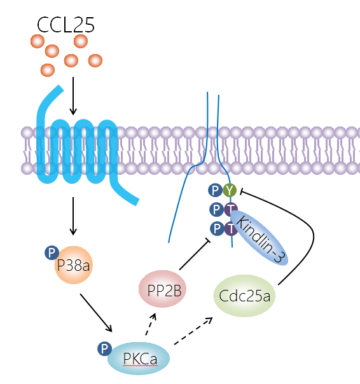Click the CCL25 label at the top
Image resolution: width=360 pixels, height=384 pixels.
click(66, 25)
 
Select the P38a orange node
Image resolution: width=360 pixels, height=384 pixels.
click(74, 265)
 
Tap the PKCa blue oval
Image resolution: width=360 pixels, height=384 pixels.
click(139, 359)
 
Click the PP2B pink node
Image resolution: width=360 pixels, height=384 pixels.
click(162, 289)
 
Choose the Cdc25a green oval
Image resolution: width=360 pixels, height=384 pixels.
click(244, 296)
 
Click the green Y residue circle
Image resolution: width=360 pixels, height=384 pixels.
click(230, 190)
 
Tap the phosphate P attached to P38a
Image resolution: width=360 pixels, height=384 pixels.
click(52, 253)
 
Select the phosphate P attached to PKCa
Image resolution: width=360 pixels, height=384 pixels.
click(105, 348)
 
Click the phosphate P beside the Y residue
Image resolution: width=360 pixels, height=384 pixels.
click(215, 190)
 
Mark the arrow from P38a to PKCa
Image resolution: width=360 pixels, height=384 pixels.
click(96, 313)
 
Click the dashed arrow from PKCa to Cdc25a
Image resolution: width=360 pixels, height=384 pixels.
click(193, 331)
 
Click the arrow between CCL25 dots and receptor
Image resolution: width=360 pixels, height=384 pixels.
click(73, 96)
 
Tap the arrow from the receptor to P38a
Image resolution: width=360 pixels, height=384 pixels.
click(73, 216)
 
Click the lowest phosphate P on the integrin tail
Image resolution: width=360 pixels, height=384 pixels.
click(217, 229)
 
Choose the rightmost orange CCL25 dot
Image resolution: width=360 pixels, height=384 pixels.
click(95, 60)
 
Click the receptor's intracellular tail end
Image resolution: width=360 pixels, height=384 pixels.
click(137, 202)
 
